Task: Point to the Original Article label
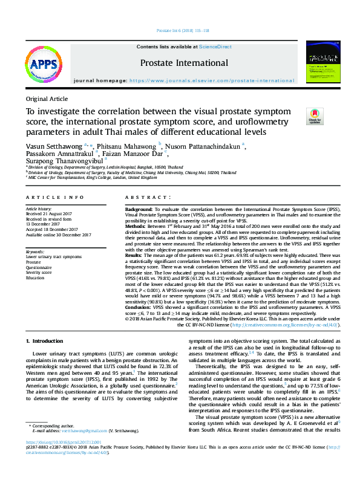tap(47, 99)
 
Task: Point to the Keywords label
tap(34, 251)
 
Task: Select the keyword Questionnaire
tap(39, 267)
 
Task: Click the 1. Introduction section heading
tap(48, 342)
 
